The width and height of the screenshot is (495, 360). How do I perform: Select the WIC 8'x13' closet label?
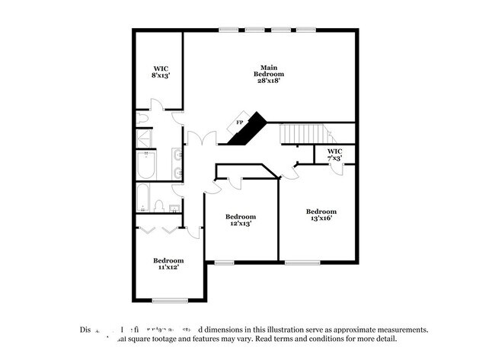click(x=160, y=72)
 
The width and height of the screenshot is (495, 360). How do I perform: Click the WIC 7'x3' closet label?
click(x=335, y=155)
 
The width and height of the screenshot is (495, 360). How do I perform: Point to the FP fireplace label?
click(x=239, y=123)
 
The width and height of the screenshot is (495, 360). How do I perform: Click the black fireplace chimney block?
click(x=249, y=128)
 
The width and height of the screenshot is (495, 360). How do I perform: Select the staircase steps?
click(x=305, y=133)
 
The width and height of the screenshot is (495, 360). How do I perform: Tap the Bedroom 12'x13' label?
click(x=240, y=220)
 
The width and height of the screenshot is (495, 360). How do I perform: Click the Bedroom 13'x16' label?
click(x=321, y=215)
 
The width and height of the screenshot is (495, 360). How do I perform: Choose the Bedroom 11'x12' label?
click(x=168, y=264)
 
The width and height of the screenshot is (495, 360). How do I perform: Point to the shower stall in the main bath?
click(x=144, y=138)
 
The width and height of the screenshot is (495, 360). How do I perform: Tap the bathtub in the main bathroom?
click(x=146, y=164)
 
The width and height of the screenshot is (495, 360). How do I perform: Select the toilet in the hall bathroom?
click(x=159, y=205)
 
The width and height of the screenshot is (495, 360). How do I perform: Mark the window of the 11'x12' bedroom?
click(x=170, y=300)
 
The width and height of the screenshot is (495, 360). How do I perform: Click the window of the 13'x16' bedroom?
click(x=302, y=263)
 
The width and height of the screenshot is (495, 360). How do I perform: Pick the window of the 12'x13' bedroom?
click(x=224, y=263)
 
